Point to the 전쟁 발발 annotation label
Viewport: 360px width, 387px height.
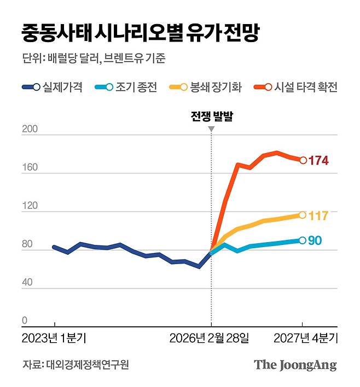click(x=211, y=116)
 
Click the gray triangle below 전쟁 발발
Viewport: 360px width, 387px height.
click(x=211, y=129)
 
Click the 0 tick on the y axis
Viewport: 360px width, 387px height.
click(x=25, y=321)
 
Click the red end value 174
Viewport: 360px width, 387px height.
click(x=318, y=161)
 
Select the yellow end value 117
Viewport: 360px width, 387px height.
click(x=318, y=216)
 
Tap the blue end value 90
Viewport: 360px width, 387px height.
click(x=315, y=241)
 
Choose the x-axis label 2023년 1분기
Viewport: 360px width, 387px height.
click(x=54, y=338)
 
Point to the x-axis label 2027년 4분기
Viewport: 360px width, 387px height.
click(x=306, y=338)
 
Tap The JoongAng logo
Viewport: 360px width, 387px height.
click(x=295, y=365)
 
